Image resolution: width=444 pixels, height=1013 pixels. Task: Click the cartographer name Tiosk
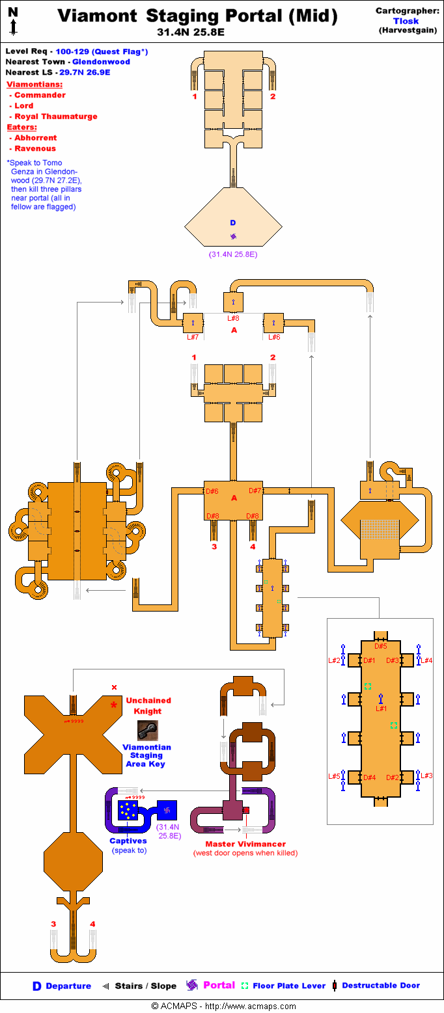click(x=406, y=20)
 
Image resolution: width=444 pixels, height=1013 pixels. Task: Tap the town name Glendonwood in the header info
click(x=105, y=62)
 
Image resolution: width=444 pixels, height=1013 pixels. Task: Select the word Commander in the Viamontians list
click(x=40, y=95)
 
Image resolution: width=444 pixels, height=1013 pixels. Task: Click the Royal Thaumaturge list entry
click(x=56, y=116)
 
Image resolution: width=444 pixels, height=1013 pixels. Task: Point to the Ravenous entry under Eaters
click(x=35, y=148)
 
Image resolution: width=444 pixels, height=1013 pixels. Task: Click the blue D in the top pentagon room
click(x=233, y=223)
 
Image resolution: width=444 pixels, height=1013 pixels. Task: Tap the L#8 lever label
click(x=234, y=318)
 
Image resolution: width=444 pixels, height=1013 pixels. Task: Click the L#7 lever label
click(x=193, y=336)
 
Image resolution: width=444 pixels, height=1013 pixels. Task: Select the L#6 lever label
click(x=275, y=336)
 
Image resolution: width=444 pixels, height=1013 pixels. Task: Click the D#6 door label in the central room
click(x=212, y=491)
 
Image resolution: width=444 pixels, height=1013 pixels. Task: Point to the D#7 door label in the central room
click(x=255, y=491)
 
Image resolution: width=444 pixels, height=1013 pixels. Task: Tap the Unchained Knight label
click(x=148, y=706)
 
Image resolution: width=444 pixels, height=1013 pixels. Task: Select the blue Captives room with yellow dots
click(x=128, y=810)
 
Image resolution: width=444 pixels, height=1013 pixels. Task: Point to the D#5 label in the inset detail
click(x=380, y=646)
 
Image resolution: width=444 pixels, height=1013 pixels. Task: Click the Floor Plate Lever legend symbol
click(x=245, y=986)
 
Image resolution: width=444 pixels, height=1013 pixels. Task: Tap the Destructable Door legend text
click(x=381, y=986)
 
